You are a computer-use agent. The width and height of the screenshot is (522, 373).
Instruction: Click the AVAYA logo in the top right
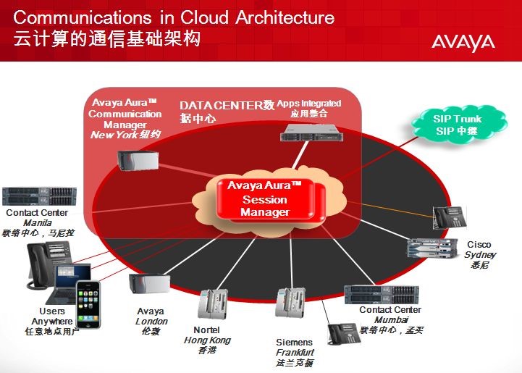(463, 42)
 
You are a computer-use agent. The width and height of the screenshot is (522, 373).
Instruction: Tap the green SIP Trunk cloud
(458, 125)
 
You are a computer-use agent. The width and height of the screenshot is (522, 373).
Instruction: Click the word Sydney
(479, 255)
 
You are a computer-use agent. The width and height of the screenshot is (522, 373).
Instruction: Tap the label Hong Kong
(207, 340)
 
